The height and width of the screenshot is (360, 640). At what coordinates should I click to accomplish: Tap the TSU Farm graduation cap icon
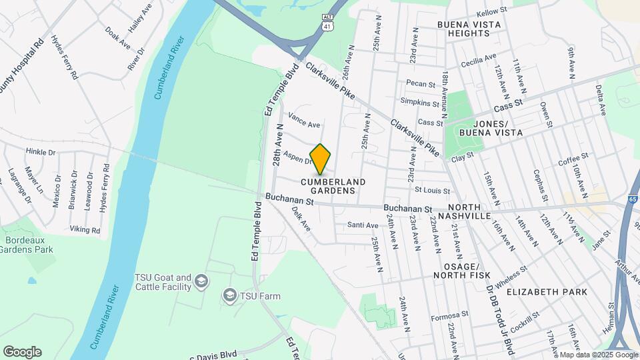(x=230, y=295)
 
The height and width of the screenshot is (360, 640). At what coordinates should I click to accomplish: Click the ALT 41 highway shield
(x=327, y=21)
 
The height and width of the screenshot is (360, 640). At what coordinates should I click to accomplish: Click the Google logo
(x=22, y=352)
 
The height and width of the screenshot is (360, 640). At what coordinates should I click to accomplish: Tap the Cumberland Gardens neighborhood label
(x=333, y=186)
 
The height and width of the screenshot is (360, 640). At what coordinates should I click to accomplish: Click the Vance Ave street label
(x=304, y=125)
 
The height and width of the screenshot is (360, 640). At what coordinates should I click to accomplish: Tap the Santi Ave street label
(x=363, y=225)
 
